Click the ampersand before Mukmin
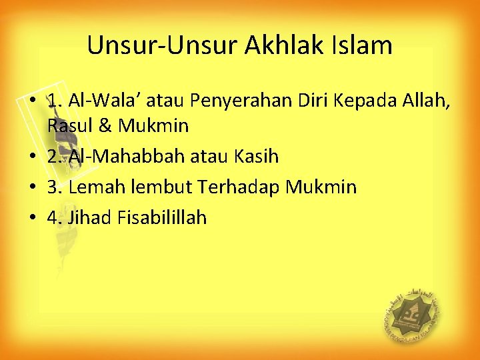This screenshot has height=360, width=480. (105, 125)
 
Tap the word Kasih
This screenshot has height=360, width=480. (257, 156)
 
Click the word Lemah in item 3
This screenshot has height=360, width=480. (97, 187)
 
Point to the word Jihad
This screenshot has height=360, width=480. (89, 217)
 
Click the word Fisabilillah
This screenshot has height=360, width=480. (162, 217)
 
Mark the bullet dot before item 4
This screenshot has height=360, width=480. (33, 217)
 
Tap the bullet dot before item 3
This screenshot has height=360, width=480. (33, 187)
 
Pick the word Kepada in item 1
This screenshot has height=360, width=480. (365, 101)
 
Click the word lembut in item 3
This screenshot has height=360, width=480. (161, 187)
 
